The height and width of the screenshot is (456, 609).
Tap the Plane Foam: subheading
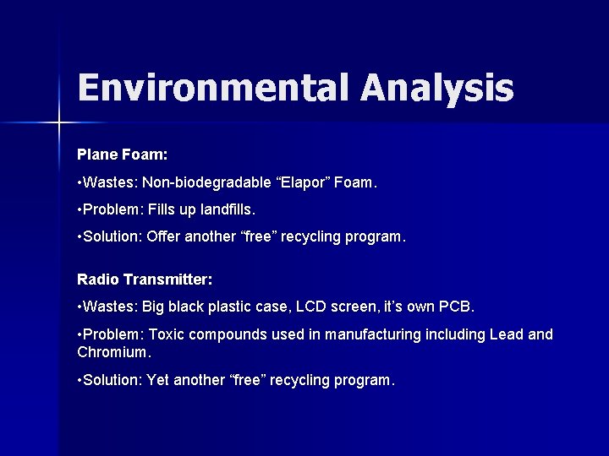tap(122, 155)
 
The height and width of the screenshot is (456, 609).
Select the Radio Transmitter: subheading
tap(145, 279)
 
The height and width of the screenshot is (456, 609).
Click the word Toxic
tap(166, 335)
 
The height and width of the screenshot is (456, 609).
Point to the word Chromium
tap(112, 350)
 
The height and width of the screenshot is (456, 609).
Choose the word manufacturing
tap(370, 335)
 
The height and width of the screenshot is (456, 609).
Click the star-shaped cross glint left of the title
tap(60, 123)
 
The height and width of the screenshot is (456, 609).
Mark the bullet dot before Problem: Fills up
tap(79, 209)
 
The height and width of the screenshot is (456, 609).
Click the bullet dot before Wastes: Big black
tap(79, 306)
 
